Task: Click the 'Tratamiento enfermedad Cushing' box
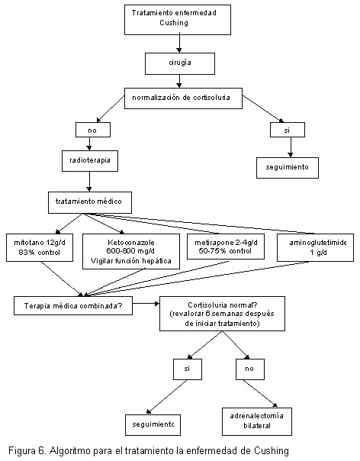[178, 20]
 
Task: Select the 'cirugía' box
[180, 63]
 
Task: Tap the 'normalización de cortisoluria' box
[183, 98]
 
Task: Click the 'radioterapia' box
[90, 161]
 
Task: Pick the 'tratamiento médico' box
[90, 202]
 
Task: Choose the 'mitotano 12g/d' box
[40, 247]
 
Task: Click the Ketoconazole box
[131, 251]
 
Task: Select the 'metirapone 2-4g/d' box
[226, 247]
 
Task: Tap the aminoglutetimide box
[315, 247]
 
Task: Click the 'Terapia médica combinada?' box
[73, 306]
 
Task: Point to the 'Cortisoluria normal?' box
[222, 314]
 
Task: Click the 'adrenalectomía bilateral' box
[257, 421]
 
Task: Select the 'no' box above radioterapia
[93, 130]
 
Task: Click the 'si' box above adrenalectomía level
[188, 369]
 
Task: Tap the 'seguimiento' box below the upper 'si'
[288, 168]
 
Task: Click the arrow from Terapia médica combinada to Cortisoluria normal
[146, 304]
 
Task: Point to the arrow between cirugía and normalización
[179, 81]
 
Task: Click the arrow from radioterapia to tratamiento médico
[89, 182]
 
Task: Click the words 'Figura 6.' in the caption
[27, 451]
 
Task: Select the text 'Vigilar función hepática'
[130, 261]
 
